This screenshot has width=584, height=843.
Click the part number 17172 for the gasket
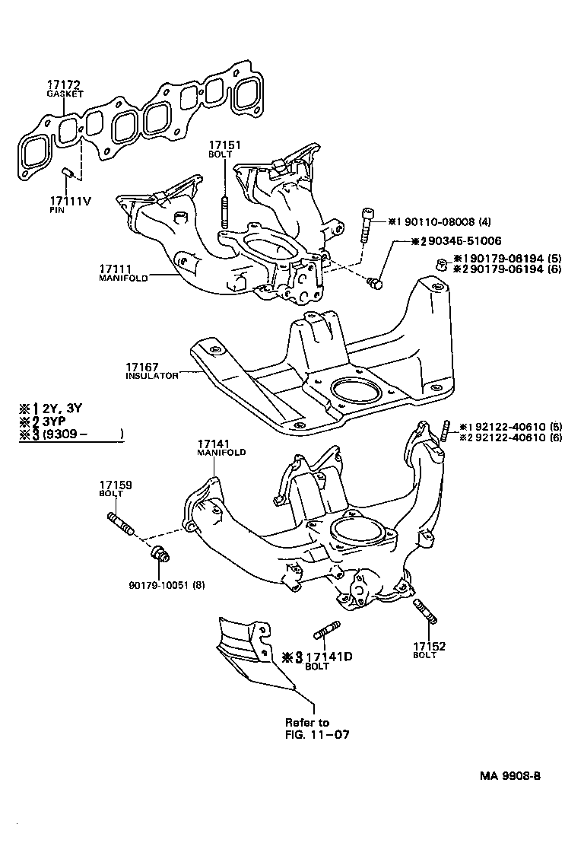pos(63,84)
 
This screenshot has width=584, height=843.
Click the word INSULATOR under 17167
pos(152,376)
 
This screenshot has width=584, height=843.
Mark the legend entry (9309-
pos(69,435)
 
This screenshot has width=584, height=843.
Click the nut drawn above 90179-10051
pos(158,553)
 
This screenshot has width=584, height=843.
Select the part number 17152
pos(429,647)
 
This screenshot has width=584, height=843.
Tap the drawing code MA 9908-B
pos(509,776)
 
